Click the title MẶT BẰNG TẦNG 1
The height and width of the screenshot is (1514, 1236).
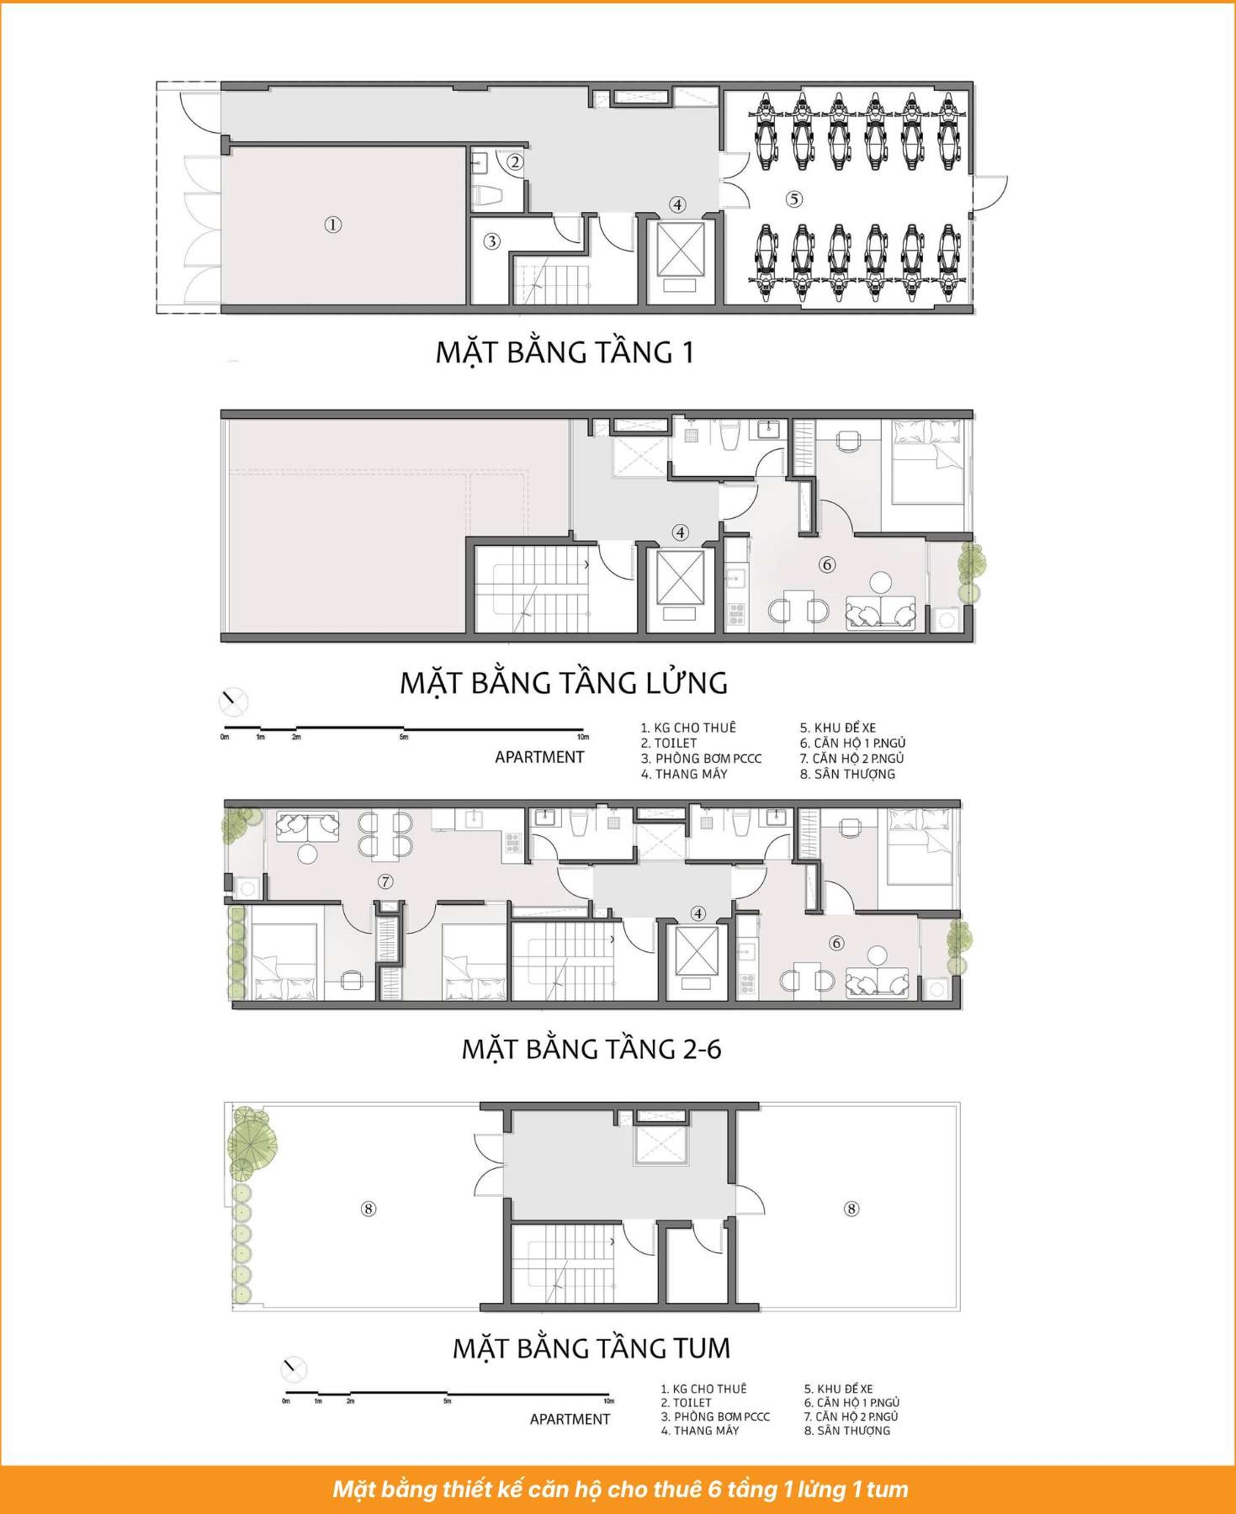tap(564, 352)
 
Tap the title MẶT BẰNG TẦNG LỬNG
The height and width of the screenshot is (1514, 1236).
tap(563, 681)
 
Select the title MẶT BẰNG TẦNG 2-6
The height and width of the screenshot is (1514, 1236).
tap(591, 1049)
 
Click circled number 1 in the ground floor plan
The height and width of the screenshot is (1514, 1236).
tap(333, 225)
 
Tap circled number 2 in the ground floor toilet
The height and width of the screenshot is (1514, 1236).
tap(515, 161)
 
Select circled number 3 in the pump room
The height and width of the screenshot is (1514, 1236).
tap(492, 241)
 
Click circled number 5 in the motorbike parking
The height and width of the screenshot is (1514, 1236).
tap(794, 199)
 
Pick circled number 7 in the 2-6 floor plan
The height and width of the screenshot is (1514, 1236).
tap(385, 881)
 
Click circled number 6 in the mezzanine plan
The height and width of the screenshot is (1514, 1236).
tap(827, 564)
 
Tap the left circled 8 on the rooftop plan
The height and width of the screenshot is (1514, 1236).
tap(368, 1209)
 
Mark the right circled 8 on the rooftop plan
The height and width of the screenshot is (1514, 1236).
tap(851, 1209)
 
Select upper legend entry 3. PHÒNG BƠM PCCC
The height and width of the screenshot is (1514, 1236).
tap(701, 758)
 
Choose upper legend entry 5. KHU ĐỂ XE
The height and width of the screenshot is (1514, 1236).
tap(838, 728)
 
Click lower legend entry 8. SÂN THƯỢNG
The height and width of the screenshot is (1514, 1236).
tap(847, 1430)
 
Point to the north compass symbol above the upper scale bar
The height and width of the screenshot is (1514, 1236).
tap(233, 701)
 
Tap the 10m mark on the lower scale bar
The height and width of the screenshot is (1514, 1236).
tap(608, 1400)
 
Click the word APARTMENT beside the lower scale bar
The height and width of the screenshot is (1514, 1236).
tap(570, 1419)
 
